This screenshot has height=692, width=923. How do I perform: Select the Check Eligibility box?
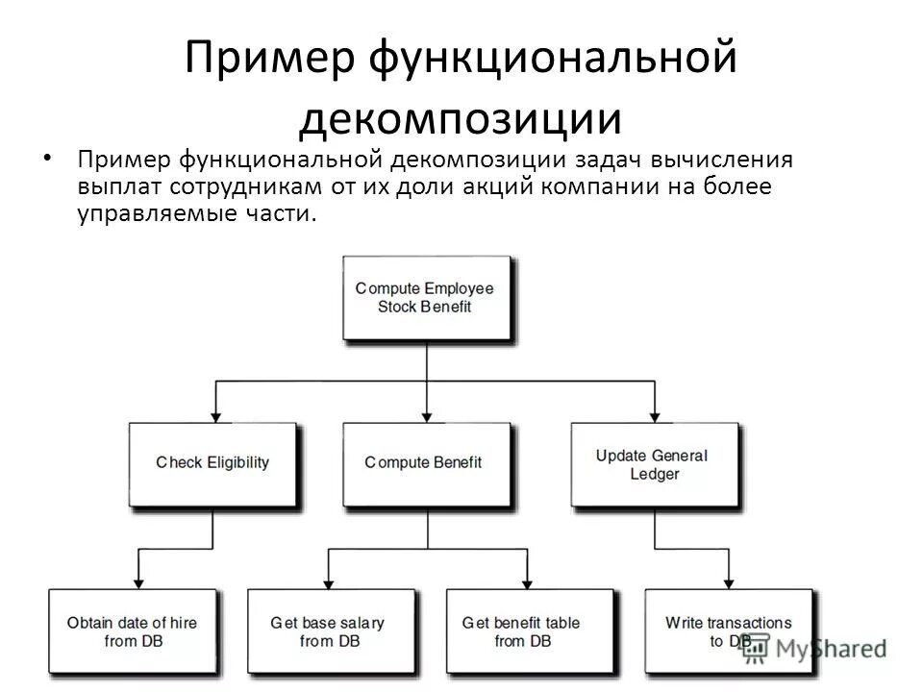click(x=212, y=463)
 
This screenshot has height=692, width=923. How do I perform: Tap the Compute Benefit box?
click(x=423, y=463)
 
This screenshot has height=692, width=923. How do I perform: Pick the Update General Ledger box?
click(x=654, y=463)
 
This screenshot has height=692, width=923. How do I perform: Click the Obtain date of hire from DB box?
click(x=132, y=630)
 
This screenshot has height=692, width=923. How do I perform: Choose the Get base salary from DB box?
click(x=329, y=630)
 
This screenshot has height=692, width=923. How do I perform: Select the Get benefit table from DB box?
click(x=521, y=630)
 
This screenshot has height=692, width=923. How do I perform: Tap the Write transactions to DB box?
click(x=728, y=630)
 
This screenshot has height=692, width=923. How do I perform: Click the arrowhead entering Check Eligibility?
click(x=215, y=415)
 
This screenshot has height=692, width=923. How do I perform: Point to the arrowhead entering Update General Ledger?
click(x=655, y=415)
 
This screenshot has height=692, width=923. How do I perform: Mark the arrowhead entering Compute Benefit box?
click(x=426, y=415)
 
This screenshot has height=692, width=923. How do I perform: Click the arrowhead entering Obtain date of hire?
click(x=138, y=582)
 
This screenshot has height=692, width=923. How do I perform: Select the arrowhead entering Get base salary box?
click(x=329, y=582)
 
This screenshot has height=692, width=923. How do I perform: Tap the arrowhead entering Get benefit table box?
click(x=527, y=582)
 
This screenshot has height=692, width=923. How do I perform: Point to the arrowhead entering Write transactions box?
click(x=728, y=582)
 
